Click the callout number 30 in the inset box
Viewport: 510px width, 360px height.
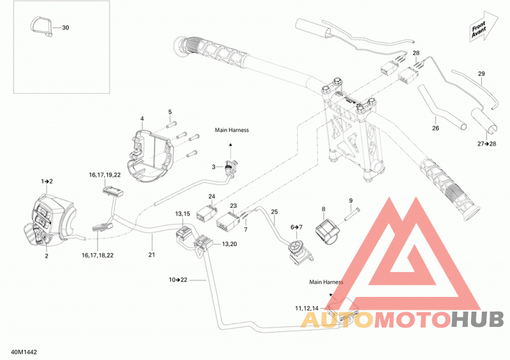click(x=66, y=27)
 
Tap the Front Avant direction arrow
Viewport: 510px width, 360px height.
click(x=484, y=27)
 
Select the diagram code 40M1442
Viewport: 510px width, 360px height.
click(x=24, y=352)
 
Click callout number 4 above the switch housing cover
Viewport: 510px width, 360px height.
click(x=142, y=119)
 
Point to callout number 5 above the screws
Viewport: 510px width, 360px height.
click(x=170, y=112)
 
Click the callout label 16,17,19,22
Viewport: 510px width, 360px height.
click(x=105, y=175)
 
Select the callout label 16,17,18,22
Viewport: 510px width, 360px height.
click(x=98, y=256)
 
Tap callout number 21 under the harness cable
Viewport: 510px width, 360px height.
click(x=152, y=255)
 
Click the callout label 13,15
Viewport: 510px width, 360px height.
click(x=182, y=213)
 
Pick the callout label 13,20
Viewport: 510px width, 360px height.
click(x=229, y=244)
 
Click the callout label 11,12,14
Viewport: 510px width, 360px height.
click(x=307, y=308)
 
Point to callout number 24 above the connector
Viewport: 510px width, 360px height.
click(x=212, y=196)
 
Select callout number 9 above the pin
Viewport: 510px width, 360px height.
click(x=351, y=201)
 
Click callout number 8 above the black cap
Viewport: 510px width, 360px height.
click(x=323, y=209)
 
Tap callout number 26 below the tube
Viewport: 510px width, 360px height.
click(x=435, y=128)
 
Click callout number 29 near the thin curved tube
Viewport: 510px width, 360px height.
click(x=481, y=73)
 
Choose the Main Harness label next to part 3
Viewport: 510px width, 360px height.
click(x=231, y=130)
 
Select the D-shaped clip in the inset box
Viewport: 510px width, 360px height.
click(x=41, y=26)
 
